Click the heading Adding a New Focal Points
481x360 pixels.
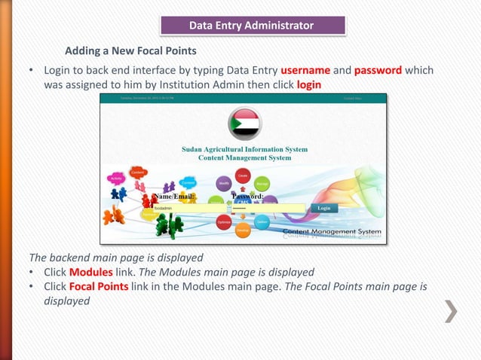coord(130,51)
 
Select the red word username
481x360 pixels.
coord(305,70)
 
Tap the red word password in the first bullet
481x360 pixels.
coord(378,70)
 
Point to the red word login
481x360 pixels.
coord(309,84)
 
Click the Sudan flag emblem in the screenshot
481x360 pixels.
coord(244,124)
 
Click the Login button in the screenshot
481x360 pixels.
coord(323,207)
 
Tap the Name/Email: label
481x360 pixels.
coord(174,196)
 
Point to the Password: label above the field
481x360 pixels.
coord(247,196)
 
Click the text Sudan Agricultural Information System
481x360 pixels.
coord(244,149)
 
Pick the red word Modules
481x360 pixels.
coord(90,272)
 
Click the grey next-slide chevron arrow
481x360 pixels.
coord(451,311)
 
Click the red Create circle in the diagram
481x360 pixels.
coord(243,175)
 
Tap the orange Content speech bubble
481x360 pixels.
coord(138,172)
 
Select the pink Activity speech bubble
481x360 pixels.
coord(116,179)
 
